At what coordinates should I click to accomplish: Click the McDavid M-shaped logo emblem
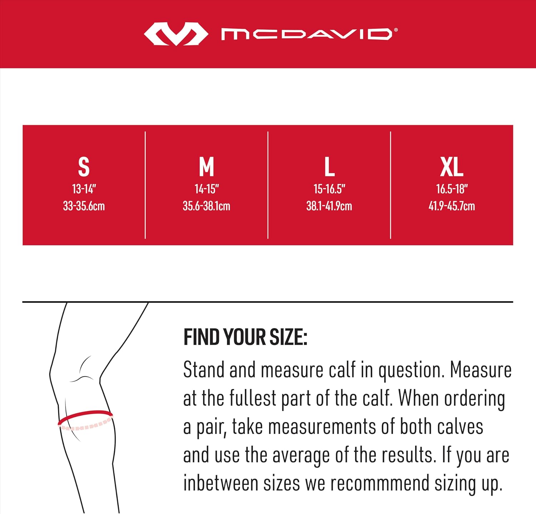(x=176, y=34)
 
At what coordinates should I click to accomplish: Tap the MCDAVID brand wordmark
(x=307, y=34)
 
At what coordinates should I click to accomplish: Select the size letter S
(x=84, y=167)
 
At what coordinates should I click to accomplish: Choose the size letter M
(x=207, y=167)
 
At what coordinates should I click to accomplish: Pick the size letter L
(x=329, y=167)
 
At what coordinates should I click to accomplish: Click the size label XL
(x=452, y=167)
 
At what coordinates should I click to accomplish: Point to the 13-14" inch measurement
(x=84, y=189)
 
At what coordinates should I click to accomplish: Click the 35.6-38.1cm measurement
(x=207, y=206)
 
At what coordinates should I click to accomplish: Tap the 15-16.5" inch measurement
(x=329, y=189)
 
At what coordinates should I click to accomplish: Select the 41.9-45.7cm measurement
(x=452, y=206)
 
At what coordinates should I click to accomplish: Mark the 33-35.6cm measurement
(x=84, y=206)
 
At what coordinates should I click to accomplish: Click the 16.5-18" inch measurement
(x=452, y=189)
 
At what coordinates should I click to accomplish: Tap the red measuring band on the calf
(x=85, y=414)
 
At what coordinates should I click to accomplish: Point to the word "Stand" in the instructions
(x=203, y=370)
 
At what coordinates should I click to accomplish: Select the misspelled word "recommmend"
(x=379, y=484)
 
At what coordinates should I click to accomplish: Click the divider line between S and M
(x=145, y=185)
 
